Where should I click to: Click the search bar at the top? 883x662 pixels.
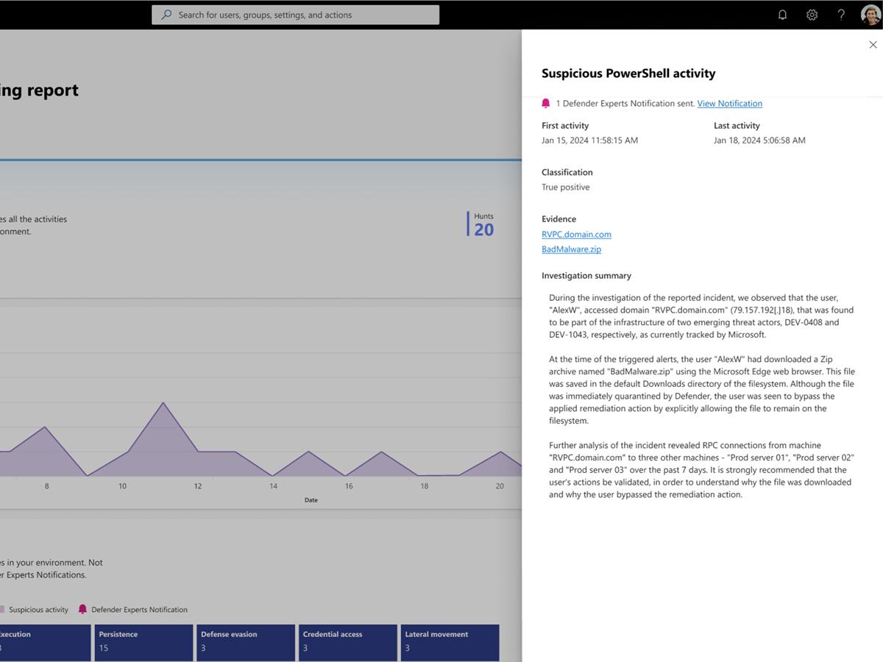(295, 15)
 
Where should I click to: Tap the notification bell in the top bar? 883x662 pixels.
(783, 15)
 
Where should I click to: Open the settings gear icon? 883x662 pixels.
(812, 15)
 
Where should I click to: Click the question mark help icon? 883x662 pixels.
(841, 15)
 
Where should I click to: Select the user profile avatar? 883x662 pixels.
(870, 15)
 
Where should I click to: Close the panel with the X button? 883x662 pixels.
(873, 45)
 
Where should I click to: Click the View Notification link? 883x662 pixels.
(729, 104)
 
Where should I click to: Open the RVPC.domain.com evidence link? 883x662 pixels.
(576, 235)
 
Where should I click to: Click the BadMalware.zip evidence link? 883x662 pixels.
(571, 249)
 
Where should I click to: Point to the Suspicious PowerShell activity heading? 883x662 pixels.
(628, 74)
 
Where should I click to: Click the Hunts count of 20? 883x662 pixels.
(483, 229)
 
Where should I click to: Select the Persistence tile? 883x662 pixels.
(143, 642)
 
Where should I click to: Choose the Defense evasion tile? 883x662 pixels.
(245, 642)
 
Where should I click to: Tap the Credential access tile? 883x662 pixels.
(347, 642)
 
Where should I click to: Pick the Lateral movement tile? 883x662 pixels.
(450, 642)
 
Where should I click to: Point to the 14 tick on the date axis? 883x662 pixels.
(273, 486)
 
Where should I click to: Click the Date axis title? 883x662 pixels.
(311, 500)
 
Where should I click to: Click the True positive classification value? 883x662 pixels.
(565, 188)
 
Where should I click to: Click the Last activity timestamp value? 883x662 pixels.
(759, 140)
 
